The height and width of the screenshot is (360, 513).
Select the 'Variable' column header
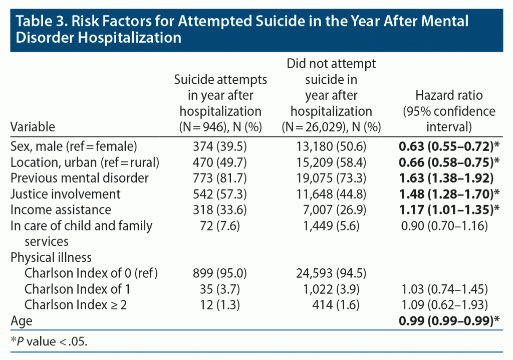33,126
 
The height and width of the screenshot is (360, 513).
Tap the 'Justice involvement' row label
66,194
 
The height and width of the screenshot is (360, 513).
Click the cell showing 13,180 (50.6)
331,146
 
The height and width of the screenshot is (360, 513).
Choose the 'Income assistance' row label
61,209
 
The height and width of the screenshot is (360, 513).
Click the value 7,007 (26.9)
331,209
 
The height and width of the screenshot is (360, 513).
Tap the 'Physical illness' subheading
51,257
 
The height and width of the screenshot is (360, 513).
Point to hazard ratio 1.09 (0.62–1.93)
444,304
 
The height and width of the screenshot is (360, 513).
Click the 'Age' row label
21,320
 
